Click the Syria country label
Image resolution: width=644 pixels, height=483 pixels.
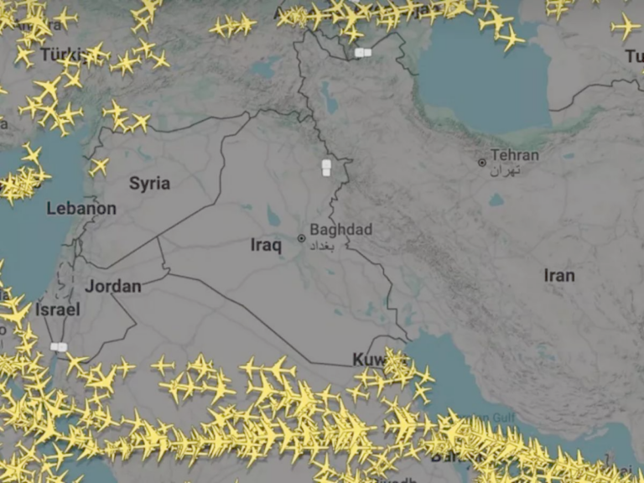[x=149, y=184]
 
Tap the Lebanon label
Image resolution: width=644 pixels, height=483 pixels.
[x=81, y=208]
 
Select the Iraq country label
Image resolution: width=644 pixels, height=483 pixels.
[x=266, y=245]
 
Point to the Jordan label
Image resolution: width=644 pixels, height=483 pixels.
[x=113, y=286]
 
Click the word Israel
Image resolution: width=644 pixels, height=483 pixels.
[x=58, y=309]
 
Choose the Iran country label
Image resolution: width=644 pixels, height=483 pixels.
[x=559, y=275]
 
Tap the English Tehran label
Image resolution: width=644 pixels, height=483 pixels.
[x=515, y=155]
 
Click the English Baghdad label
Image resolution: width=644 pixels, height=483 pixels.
[x=340, y=230]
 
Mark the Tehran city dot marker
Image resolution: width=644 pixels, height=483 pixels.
[x=482, y=162]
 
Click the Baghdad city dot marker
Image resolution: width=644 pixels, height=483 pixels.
[x=302, y=238]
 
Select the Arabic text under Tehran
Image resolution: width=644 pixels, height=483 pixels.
[x=506, y=170]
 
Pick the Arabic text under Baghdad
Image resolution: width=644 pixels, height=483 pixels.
[x=327, y=244]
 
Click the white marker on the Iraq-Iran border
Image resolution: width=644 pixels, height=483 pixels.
[x=326, y=168]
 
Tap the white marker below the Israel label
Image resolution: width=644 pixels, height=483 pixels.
[x=59, y=346]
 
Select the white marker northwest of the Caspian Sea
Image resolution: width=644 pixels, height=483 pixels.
[x=363, y=52]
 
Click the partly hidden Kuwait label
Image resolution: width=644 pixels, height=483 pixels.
[x=369, y=360]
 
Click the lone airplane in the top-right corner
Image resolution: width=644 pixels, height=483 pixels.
[x=625, y=27]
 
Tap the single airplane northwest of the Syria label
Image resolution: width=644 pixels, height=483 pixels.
[x=99, y=166]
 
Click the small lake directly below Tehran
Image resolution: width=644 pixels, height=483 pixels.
[x=496, y=200]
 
